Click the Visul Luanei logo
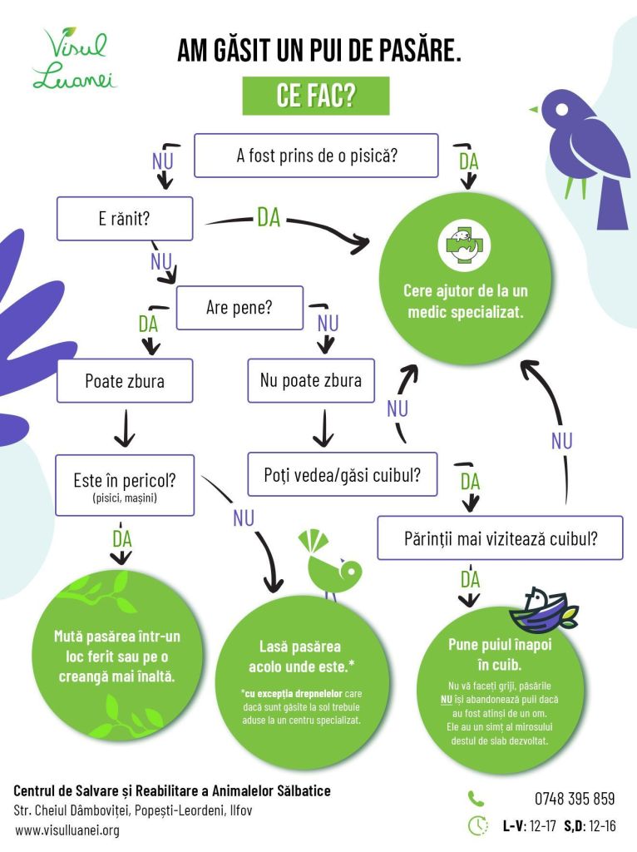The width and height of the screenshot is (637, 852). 74,58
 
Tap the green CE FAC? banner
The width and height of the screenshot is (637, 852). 316,97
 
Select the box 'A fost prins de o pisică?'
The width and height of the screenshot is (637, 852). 316,156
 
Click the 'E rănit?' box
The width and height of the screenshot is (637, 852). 124,219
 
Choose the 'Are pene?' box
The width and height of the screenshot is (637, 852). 239,308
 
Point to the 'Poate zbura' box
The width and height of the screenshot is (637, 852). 124,381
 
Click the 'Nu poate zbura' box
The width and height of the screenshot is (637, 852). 311,381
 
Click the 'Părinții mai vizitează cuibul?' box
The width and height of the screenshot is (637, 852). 500,537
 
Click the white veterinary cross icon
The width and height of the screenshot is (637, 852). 464,244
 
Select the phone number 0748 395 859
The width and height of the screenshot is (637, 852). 575,799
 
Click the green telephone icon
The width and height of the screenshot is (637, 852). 476,799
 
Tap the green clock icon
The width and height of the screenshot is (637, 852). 477,825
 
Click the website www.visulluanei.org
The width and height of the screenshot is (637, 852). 67,830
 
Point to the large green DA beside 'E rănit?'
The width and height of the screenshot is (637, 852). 269,218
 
